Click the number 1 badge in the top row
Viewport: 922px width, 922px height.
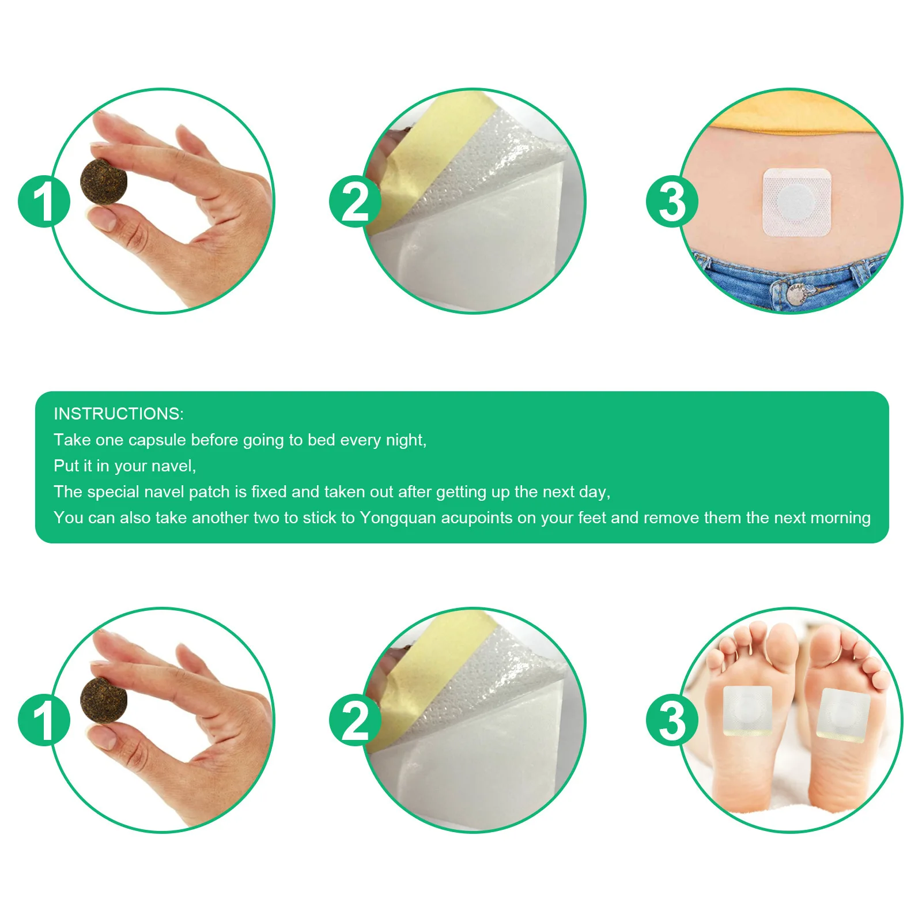(x=44, y=201)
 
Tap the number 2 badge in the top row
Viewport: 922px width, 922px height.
(x=355, y=201)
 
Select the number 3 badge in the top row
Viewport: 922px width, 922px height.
(x=672, y=201)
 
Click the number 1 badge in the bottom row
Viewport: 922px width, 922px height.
(x=44, y=720)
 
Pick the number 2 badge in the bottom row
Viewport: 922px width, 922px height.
(x=355, y=720)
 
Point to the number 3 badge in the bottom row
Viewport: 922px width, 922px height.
(x=672, y=720)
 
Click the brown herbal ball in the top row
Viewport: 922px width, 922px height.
(x=104, y=182)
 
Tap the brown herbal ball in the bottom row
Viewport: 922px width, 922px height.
(x=104, y=700)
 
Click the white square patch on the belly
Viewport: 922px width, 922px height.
(x=797, y=202)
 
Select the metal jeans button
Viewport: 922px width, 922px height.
(x=798, y=293)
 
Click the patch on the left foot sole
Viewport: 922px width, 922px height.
(x=747, y=711)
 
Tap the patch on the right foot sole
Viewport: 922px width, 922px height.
(x=843, y=713)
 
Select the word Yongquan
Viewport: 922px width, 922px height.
(x=398, y=518)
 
